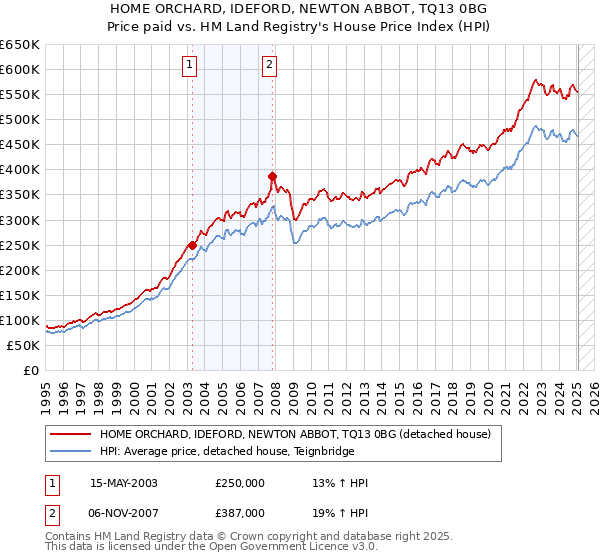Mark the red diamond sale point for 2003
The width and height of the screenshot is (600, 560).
coord(192,244)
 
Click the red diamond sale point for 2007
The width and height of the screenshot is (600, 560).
coord(271,175)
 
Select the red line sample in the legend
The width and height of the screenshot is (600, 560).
coord(69,435)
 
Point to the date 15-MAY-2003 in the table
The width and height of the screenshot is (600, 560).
coord(124,483)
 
